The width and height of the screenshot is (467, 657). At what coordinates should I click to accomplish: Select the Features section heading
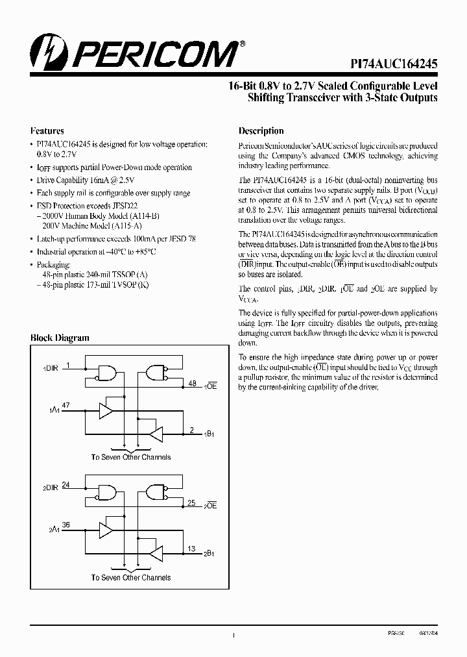pyautogui.click(x=47, y=130)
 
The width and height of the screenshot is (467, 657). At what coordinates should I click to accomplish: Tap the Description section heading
pyautogui.click(x=261, y=130)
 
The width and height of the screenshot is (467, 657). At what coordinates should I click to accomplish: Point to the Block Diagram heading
pyautogui.click(x=60, y=338)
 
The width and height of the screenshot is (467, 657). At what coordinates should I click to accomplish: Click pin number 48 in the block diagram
pyautogui.click(x=192, y=384)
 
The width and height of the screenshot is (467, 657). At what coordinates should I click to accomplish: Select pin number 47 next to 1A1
pyautogui.click(x=66, y=404)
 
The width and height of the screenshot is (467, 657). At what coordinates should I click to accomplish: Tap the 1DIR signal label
pyautogui.click(x=51, y=368)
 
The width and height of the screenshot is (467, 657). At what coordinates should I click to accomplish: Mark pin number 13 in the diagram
pyautogui.click(x=192, y=549)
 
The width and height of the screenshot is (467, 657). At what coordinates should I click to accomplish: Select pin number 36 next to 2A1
pyautogui.click(x=66, y=525)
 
